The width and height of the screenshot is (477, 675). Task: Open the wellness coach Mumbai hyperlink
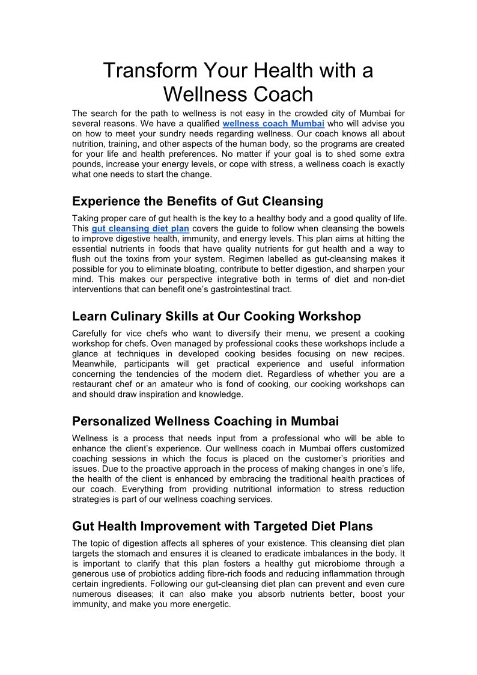click(273, 124)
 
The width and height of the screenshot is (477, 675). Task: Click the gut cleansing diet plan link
click(141, 228)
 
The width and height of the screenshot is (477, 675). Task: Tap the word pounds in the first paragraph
click(87, 164)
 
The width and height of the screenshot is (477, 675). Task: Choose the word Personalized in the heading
click(111, 421)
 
